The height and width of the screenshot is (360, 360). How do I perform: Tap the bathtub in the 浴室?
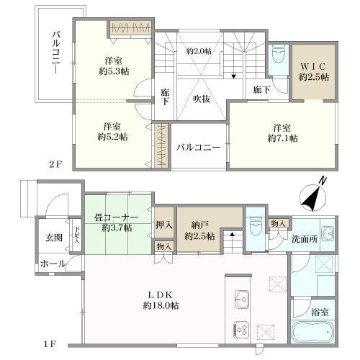click(312, 332)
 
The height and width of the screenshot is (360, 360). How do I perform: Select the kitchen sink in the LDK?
click(242, 299)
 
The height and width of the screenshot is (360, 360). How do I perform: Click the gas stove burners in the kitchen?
click(242, 329)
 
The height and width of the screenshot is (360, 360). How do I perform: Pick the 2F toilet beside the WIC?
click(279, 54)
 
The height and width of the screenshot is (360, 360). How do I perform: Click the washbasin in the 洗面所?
click(327, 233)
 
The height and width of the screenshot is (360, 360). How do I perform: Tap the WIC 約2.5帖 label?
click(314, 72)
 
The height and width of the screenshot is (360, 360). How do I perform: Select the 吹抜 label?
click(202, 99)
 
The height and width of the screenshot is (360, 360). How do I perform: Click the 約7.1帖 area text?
click(283, 138)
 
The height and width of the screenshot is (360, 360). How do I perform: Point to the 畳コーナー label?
click(116, 217)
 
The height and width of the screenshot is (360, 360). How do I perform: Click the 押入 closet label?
click(164, 225)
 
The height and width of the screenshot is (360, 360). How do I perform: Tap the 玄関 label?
click(54, 238)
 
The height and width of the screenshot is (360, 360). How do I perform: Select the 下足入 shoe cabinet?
click(76, 235)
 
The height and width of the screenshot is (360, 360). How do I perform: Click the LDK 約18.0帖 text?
click(161, 300)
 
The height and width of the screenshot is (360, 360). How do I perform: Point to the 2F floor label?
click(55, 164)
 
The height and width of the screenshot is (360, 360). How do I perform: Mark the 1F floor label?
click(50, 344)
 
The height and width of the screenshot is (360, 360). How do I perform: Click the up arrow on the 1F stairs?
click(232, 234)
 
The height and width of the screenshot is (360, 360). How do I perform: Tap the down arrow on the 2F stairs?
click(233, 76)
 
